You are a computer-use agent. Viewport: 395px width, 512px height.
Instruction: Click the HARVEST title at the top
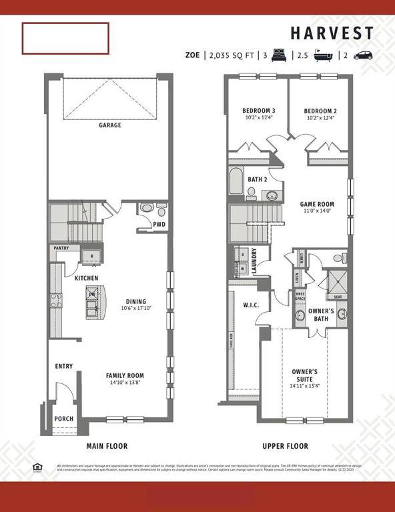332,33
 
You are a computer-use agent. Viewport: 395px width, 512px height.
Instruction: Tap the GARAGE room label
110,125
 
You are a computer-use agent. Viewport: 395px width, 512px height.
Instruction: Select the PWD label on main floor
159,225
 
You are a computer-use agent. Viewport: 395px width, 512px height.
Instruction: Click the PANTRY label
62,248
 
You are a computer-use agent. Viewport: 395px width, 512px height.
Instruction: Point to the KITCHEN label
86,278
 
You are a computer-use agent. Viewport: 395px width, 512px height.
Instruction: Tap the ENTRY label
64,366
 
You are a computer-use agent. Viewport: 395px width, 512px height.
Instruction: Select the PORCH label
64,419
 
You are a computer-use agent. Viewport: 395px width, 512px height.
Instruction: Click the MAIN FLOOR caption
107,446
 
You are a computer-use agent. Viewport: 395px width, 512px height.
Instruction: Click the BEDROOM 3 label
260,111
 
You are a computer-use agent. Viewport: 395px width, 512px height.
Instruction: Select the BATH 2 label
258,179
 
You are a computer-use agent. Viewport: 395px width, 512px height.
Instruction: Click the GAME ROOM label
317,204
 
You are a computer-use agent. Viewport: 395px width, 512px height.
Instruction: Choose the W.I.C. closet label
251,305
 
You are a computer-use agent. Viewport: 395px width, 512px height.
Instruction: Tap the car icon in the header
364,55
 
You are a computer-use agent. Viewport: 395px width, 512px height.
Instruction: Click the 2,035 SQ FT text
232,56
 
